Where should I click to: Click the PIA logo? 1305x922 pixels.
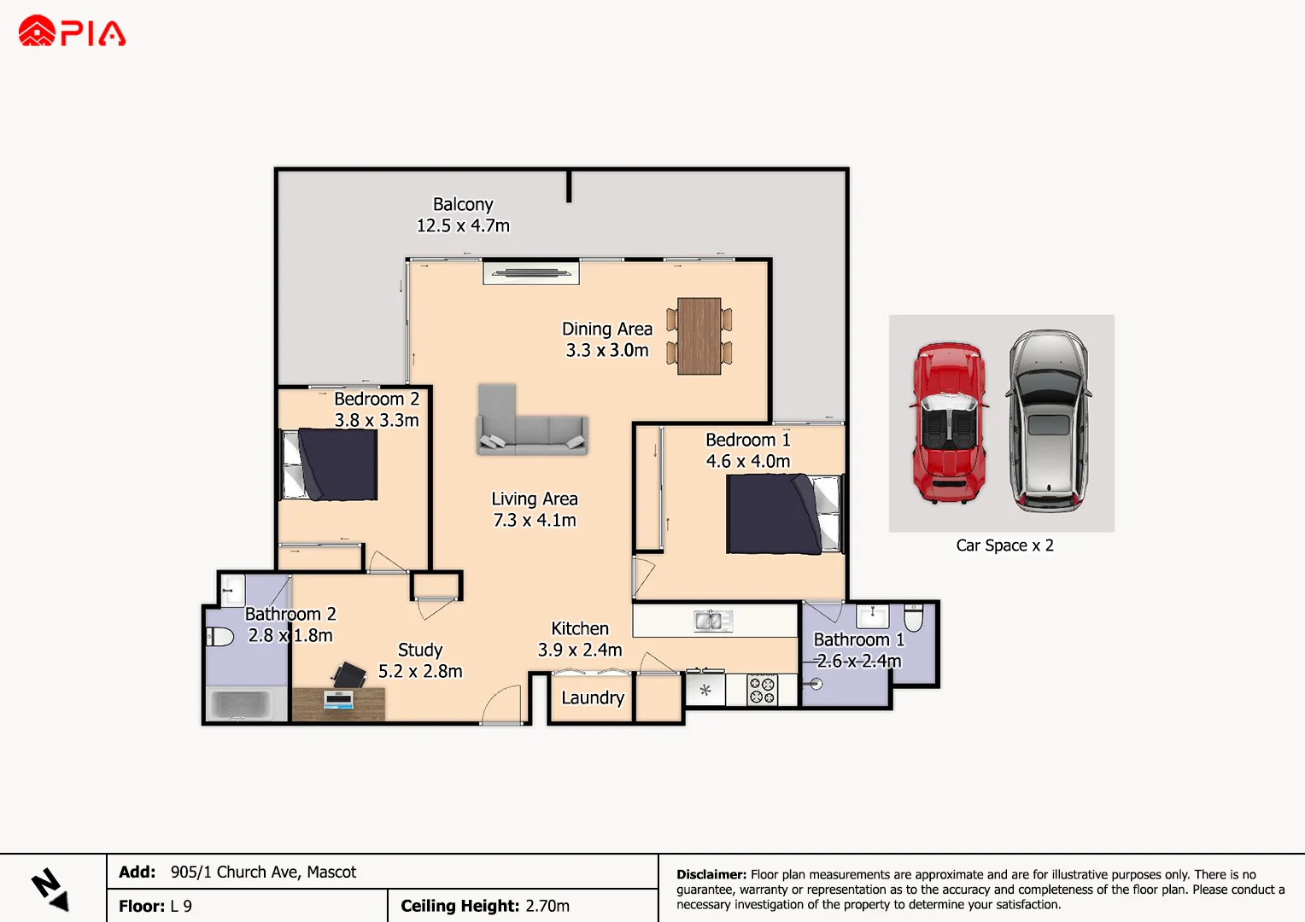72,32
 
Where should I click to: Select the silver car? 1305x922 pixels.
1047,421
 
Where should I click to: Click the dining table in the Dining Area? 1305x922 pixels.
699,336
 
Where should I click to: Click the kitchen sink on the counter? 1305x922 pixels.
712,621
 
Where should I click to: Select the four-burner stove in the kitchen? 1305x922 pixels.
762,689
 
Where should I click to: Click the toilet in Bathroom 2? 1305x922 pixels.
220,636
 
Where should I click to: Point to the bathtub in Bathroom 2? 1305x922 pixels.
246,704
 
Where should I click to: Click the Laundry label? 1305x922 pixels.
593,697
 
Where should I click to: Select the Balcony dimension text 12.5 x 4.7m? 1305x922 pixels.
463,225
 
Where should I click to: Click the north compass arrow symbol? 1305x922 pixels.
50,889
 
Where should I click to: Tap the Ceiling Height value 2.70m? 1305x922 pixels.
547,906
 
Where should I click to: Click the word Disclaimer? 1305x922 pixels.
711,874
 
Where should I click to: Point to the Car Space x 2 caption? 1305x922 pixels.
1004,546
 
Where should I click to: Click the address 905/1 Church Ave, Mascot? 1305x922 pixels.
263,872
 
